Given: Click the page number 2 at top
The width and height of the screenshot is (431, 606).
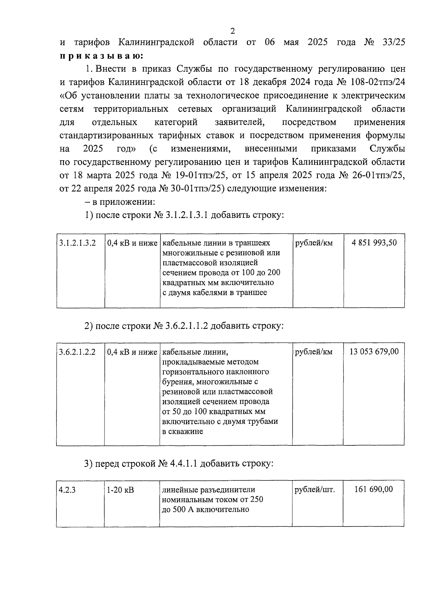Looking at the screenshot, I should (232, 31).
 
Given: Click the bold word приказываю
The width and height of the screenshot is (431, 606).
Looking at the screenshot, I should (102, 56).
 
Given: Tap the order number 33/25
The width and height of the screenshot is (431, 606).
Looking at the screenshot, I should (393, 42).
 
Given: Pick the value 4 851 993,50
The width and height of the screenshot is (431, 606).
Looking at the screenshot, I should (374, 243).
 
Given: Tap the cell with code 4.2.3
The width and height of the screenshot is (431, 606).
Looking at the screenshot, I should (67, 489).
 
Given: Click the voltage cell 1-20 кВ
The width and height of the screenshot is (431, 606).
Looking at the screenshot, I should (120, 489).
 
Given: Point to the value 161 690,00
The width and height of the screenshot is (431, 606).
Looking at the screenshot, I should (374, 489).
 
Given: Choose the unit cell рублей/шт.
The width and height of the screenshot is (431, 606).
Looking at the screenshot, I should (315, 489).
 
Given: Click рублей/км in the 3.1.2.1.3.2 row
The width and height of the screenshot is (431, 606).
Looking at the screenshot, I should (314, 243).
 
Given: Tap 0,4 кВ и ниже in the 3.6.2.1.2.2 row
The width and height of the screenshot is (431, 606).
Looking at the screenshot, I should (132, 352).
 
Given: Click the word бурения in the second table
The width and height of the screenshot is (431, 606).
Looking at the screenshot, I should (178, 382).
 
